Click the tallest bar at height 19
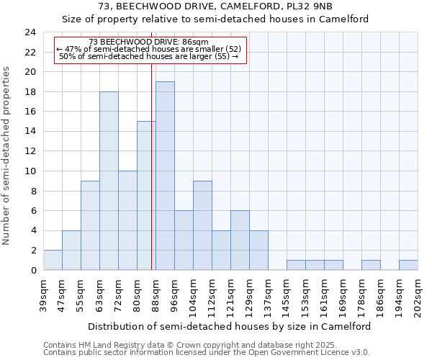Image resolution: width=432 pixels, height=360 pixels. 165,176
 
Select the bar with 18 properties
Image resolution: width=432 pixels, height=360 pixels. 109,181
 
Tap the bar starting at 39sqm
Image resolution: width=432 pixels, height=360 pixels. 53,260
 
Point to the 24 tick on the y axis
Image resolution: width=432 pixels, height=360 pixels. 30,32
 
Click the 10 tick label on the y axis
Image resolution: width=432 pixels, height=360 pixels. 30,171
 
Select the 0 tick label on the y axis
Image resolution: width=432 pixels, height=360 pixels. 33,271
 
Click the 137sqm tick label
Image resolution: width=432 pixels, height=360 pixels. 269,297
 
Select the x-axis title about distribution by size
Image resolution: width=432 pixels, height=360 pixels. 230,326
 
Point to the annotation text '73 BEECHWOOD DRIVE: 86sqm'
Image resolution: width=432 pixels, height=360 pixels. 149,42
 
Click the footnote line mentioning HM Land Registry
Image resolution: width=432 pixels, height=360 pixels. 184,345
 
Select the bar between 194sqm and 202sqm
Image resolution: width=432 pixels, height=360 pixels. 408,265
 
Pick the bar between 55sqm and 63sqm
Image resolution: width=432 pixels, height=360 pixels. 90,225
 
